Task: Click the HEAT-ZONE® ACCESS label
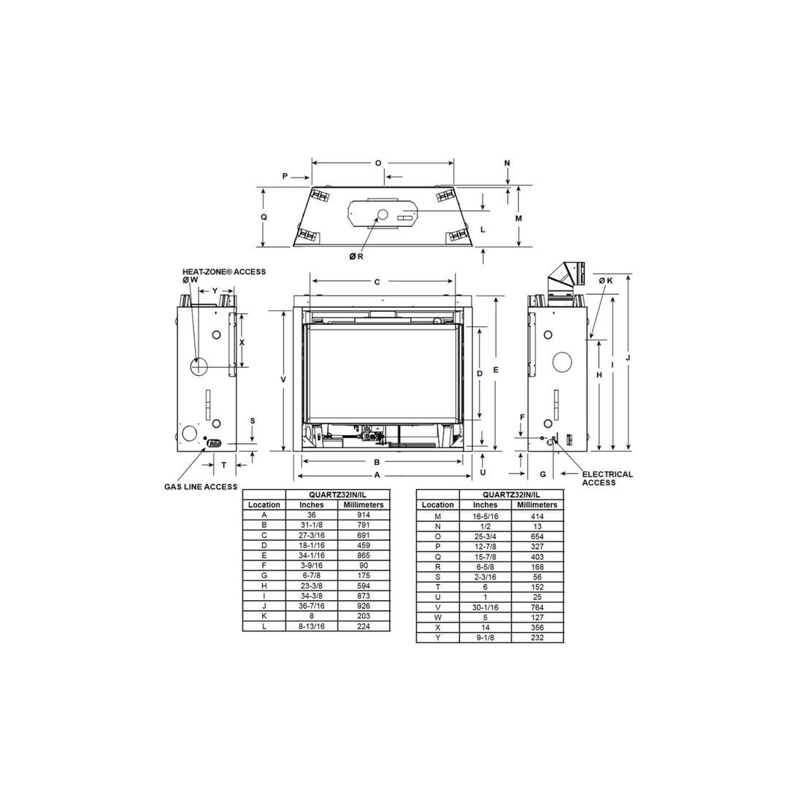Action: pos(224,272)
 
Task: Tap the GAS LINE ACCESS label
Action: pos(201,487)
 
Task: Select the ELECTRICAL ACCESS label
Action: pos(607,478)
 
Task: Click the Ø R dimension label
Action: pos(356,257)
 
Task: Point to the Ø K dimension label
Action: pos(606,280)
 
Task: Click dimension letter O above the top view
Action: pos(378,164)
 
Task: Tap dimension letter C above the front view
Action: pos(377,282)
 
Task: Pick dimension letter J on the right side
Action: pos(628,358)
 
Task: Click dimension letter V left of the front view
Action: pos(283,380)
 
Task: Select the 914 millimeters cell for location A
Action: pos(364,515)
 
